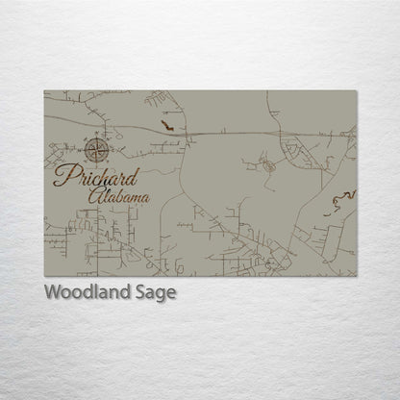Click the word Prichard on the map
96,177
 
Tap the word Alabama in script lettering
118,197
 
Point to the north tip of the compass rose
97,137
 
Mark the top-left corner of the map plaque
44,91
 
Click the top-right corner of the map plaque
356,91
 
